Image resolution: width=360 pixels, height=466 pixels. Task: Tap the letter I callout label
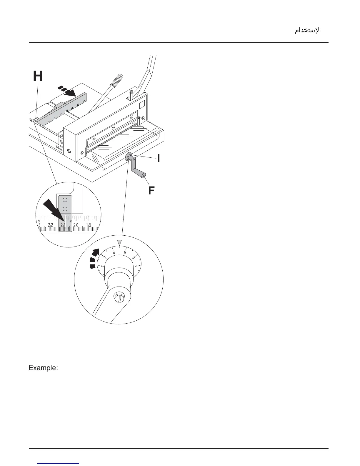click(x=159, y=158)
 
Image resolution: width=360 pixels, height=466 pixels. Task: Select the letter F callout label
click(x=151, y=191)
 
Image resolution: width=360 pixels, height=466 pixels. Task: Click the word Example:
click(x=43, y=368)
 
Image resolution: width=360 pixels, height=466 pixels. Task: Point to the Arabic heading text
click(x=308, y=30)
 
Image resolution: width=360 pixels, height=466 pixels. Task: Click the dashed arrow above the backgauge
click(x=67, y=91)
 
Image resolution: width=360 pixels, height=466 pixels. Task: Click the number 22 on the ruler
click(x=50, y=225)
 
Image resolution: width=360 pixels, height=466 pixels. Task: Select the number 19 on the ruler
click(x=89, y=225)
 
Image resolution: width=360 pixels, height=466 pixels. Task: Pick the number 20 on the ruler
click(x=76, y=225)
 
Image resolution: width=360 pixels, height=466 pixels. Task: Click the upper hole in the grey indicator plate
click(x=65, y=199)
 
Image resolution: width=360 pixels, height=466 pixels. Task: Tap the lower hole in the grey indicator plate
click(x=65, y=209)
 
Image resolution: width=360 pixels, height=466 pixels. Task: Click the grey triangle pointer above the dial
click(x=119, y=243)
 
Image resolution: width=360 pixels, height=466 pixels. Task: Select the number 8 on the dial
click(x=114, y=252)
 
